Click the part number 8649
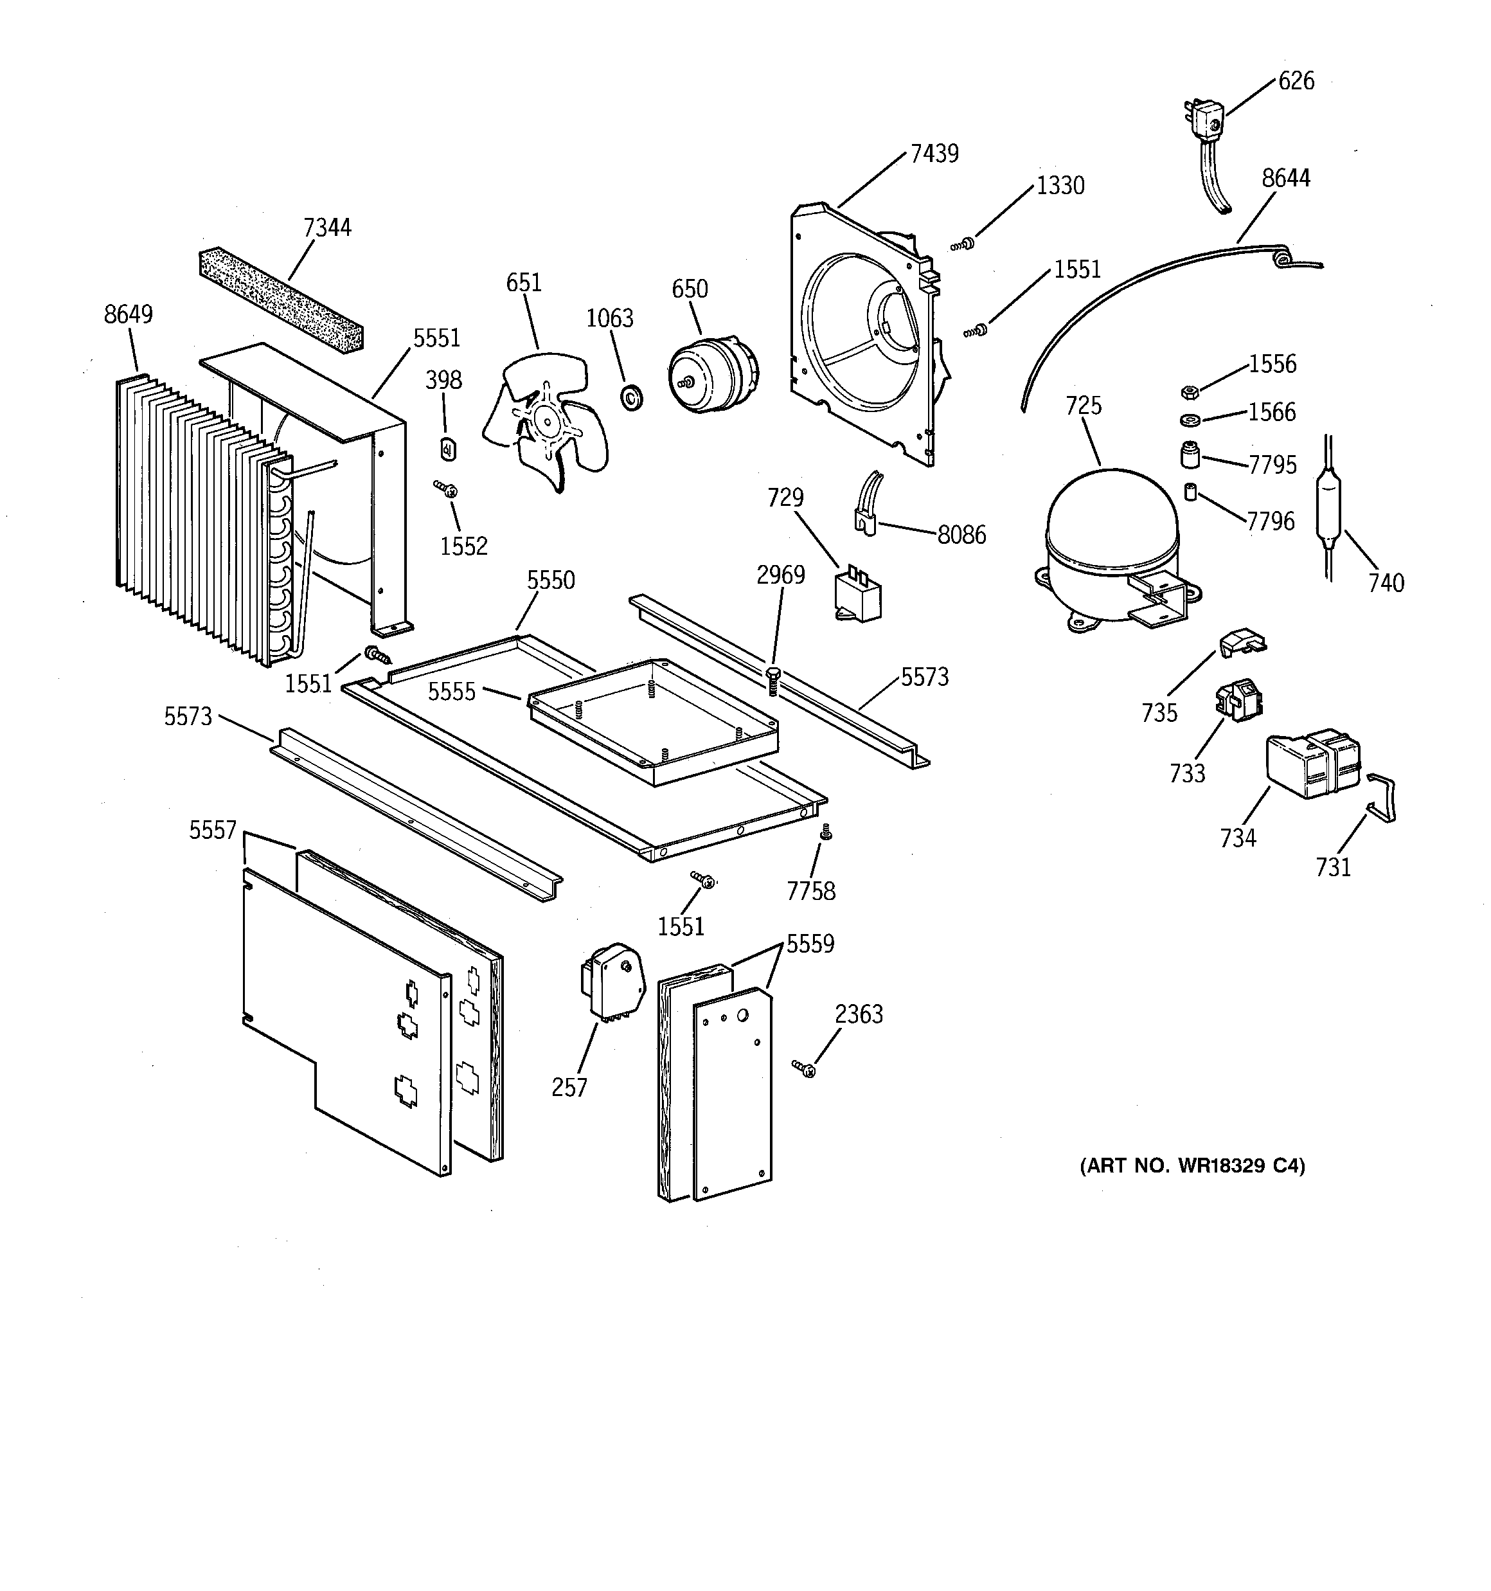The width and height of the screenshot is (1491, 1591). (128, 314)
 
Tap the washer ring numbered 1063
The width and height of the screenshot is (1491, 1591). (632, 395)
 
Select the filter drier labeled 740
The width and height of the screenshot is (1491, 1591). (1328, 512)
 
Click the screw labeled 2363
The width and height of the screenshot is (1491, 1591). (805, 1068)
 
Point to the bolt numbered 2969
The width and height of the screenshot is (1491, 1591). (773, 680)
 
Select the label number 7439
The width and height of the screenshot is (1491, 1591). (934, 154)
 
